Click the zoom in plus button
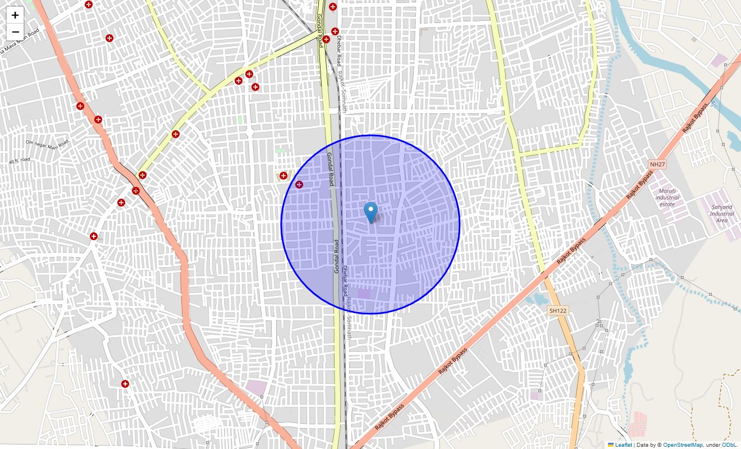(x=15, y=15)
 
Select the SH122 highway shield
(x=558, y=310)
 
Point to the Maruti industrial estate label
(x=667, y=198)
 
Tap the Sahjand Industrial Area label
(x=722, y=213)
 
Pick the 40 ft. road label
(x=19, y=161)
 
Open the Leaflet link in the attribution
(x=623, y=445)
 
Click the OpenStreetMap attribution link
(x=683, y=445)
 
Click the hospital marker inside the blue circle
(x=299, y=185)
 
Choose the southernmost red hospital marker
(x=125, y=384)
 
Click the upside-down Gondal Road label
(x=338, y=256)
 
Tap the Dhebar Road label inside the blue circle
(x=345, y=281)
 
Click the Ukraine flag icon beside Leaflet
(x=611, y=445)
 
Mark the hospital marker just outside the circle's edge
(x=283, y=176)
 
